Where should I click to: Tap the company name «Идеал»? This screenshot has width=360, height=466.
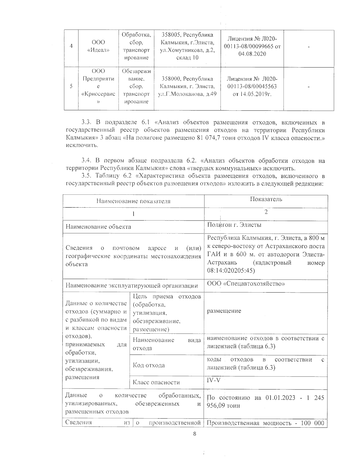(x=98, y=50)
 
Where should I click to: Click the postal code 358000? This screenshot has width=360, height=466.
(x=171, y=79)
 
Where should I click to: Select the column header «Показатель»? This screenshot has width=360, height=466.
(x=266, y=199)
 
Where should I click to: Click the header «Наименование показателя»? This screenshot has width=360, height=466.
(x=133, y=201)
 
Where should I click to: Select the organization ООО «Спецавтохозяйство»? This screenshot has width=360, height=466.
(x=246, y=284)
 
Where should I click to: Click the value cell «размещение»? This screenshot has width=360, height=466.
(x=224, y=311)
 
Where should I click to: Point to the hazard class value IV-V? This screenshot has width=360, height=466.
(x=213, y=380)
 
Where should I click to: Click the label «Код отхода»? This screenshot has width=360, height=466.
(x=148, y=365)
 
